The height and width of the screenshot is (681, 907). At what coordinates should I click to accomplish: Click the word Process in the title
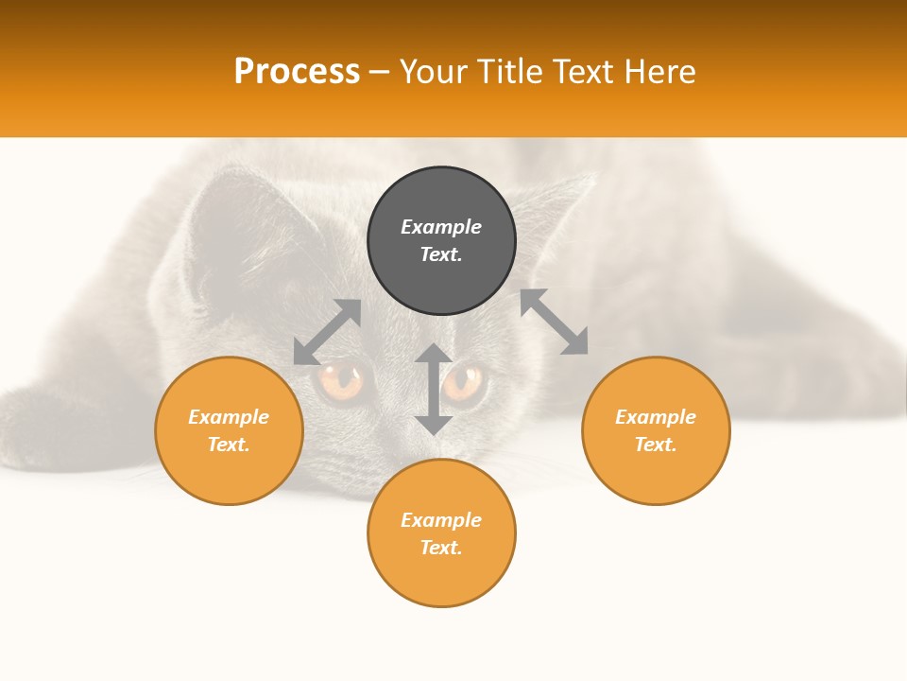(297, 72)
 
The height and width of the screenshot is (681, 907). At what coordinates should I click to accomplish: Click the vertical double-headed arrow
(434, 389)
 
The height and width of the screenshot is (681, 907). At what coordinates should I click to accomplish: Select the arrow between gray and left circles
(327, 332)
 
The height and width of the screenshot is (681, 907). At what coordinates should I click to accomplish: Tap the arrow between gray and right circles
(555, 322)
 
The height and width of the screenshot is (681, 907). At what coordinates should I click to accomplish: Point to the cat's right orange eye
(465, 382)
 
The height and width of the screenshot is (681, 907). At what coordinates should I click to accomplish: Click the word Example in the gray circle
(441, 227)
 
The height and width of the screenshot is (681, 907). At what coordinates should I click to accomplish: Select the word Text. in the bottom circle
(441, 548)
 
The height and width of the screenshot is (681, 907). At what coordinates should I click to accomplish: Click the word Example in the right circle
(656, 417)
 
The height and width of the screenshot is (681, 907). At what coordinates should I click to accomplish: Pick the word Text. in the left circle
(229, 445)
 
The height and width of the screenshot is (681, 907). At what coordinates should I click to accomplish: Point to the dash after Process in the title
(379, 73)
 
